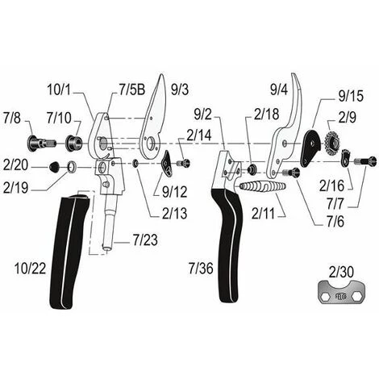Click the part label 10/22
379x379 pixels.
tap(30, 269)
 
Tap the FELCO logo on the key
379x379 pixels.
tap(342, 297)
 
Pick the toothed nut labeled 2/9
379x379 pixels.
tap(333, 143)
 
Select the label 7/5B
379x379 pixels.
tap(131, 90)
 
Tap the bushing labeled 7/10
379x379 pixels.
tap(74, 143)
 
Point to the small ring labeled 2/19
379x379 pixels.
tap(72, 166)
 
